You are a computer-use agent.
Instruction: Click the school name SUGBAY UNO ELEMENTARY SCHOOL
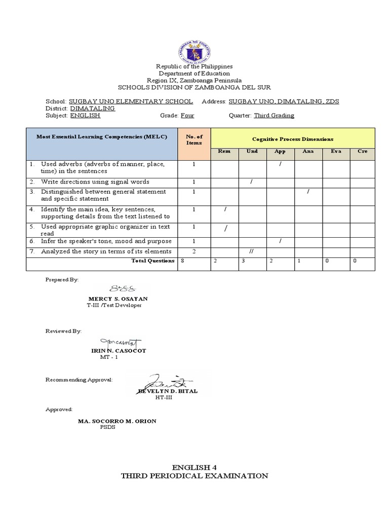[131, 101]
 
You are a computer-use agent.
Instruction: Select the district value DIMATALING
[92, 108]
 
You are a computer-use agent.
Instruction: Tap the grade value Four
[187, 116]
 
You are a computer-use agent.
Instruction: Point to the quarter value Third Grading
[274, 116]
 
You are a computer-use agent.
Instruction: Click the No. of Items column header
[194, 139]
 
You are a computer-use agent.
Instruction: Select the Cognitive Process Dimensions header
[293, 139]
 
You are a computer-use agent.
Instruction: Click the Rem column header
[224, 152]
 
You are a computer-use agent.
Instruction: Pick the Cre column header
[362, 152]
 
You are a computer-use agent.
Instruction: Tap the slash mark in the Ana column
[308, 192]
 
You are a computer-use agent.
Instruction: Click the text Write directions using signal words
[95, 182]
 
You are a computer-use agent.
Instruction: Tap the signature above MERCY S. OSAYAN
[123, 289]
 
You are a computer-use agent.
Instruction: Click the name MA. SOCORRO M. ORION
[116, 421]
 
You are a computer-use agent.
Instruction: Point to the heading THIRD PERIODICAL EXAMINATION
[194, 476]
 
